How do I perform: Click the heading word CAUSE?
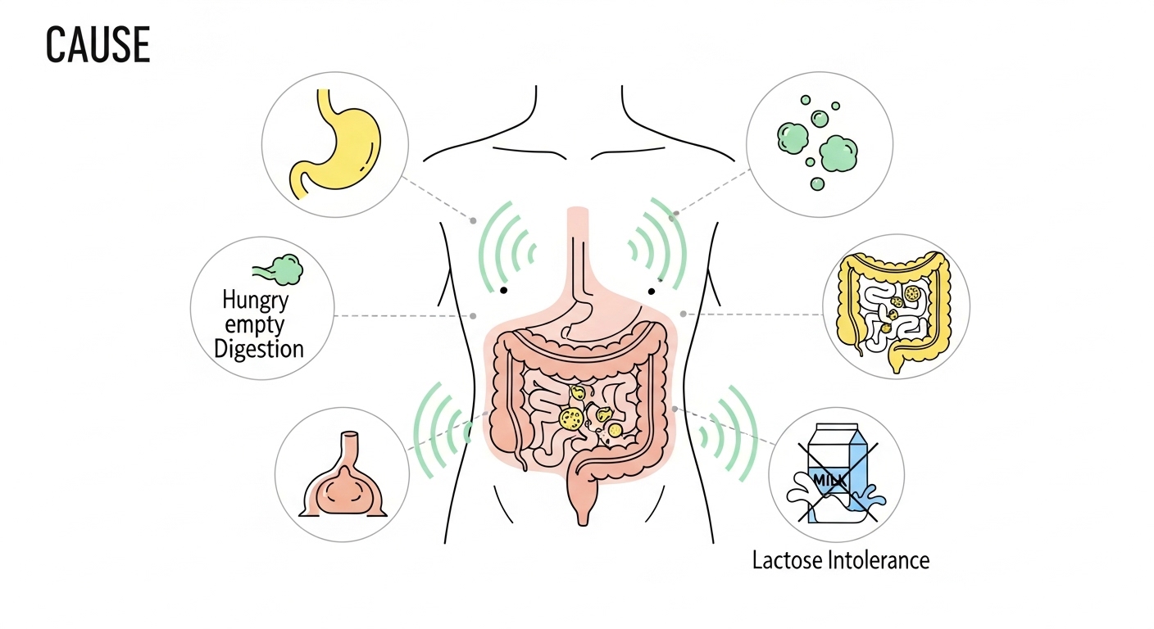98,46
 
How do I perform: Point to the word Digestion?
259,349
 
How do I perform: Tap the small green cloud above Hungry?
280,269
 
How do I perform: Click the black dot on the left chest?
504,290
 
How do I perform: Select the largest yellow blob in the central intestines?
570,419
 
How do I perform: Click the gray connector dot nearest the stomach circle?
473,219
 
